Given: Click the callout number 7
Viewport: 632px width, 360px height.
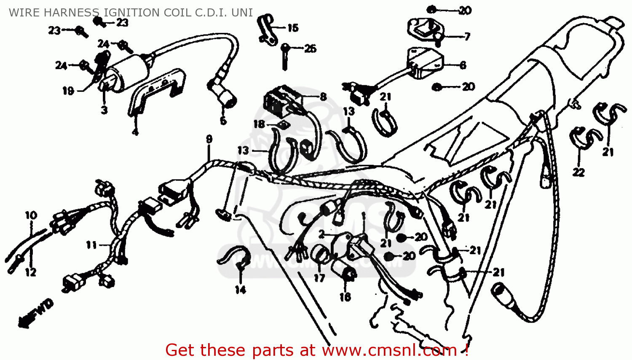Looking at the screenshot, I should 467,37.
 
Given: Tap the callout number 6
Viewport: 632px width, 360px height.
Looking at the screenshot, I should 463,65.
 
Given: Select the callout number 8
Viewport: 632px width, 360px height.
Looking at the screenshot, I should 323,97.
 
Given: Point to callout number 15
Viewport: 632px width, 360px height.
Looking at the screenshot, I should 293,28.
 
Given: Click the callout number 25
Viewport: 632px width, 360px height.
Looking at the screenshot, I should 310,48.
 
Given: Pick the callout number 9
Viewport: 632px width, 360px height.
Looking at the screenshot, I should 209,139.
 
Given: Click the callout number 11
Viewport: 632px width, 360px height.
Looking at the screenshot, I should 91,245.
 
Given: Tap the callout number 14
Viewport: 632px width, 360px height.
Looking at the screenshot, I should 240,290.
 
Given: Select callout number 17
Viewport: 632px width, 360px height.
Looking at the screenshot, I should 319,278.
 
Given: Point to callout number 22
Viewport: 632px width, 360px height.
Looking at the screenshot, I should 578,172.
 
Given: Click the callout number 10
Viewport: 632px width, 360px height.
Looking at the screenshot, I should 31,215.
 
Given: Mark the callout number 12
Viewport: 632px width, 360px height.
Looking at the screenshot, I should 31,272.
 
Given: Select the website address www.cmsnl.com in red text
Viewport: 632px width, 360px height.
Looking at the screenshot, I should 389,350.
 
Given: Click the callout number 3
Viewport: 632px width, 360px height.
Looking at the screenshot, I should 104,110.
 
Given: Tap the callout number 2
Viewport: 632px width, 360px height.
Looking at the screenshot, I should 322,234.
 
